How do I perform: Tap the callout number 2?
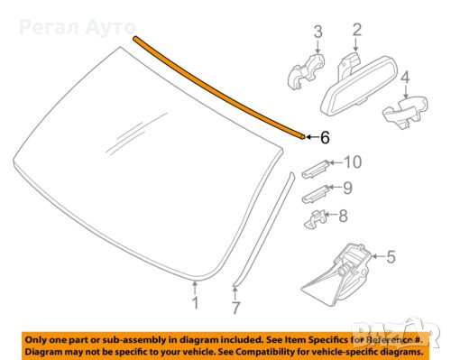click(356, 32)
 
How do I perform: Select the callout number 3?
click(318, 33)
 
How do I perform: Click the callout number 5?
click(390, 257)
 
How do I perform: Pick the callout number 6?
click(325, 137)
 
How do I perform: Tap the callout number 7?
click(236, 309)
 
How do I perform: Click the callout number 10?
click(352, 162)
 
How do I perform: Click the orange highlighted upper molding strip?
click(225, 87)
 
